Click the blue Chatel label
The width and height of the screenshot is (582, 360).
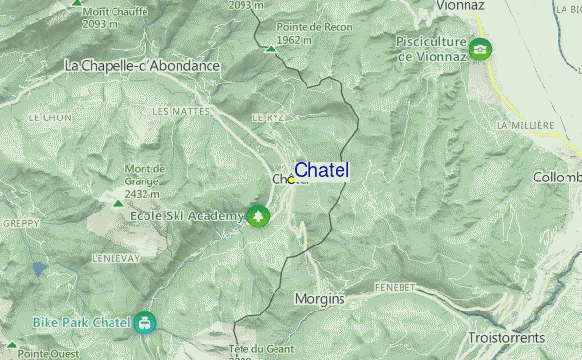(x=321, y=171)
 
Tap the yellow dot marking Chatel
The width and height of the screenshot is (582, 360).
(x=291, y=180)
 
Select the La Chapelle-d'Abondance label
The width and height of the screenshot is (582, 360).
(x=143, y=66)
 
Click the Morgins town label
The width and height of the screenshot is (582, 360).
(x=319, y=299)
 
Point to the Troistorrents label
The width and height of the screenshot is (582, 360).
(x=507, y=338)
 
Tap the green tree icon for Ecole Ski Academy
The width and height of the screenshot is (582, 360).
(x=258, y=215)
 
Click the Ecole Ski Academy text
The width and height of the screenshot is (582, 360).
(x=186, y=215)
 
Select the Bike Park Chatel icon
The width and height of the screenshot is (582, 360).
(x=145, y=322)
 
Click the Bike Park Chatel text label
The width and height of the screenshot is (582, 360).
(x=81, y=322)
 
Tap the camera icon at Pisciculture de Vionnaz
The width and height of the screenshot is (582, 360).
(x=479, y=49)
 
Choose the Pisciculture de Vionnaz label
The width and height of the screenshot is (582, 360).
(x=432, y=49)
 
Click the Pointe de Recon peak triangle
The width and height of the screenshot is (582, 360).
(x=271, y=46)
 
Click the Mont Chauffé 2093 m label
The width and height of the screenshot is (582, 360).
(x=113, y=17)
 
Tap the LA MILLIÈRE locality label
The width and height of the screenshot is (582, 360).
(x=525, y=126)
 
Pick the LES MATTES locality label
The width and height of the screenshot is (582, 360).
(x=180, y=112)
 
